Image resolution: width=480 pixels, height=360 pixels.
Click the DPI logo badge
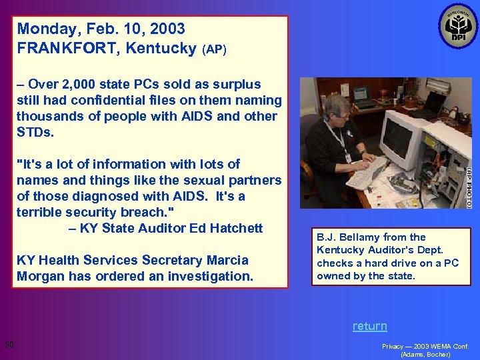click(x=458, y=26)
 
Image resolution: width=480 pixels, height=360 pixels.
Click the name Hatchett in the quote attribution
click(x=235, y=229)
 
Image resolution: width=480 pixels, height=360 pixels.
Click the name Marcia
click(x=225, y=260)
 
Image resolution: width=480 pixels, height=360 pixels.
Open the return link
click(x=369, y=326)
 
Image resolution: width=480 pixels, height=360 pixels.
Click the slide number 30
click(x=9, y=345)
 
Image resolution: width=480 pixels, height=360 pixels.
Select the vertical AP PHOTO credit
click(x=469, y=187)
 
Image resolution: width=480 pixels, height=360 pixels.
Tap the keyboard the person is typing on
click(x=365, y=173)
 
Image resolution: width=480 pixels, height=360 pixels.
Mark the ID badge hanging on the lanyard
click(x=347, y=158)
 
